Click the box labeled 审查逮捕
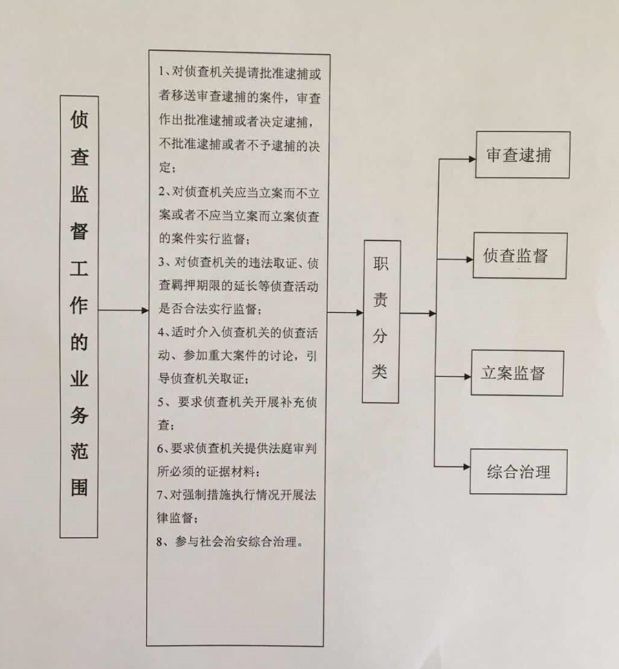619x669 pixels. click(x=520, y=155)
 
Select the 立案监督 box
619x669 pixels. click(x=517, y=372)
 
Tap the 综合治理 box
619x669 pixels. click(x=519, y=471)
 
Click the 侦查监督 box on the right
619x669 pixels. click(x=520, y=255)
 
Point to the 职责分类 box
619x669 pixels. click(x=381, y=321)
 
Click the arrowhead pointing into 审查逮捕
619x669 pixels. click(x=472, y=158)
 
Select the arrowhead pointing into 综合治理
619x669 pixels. click(x=466, y=468)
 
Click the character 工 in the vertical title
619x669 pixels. click(x=79, y=268)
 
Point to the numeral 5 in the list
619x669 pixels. click(x=160, y=401)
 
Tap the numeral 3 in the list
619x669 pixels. click(x=161, y=262)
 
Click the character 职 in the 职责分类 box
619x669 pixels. click(x=381, y=265)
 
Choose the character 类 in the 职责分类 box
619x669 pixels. click(x=381, y=372)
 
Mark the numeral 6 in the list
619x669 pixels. click(x=160, y=448)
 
